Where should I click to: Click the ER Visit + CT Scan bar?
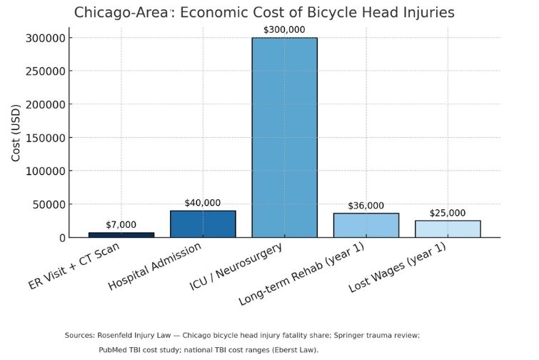(x=121, y=234)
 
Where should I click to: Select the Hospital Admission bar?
(x=203, y=224)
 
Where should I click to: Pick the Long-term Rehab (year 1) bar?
(x=366, y=225)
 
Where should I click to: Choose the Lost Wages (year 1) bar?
(x=448, y=229)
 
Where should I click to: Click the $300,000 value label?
(x=284, y=29)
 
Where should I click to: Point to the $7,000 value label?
(x=121, y=224)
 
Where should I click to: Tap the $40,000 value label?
(x=203, y=203)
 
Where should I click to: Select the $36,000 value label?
(x=366, y=206)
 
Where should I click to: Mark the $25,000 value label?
(x=448, y=213)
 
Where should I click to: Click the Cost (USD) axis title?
(x=16, y=137)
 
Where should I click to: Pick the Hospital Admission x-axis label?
(x=155, y=266)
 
